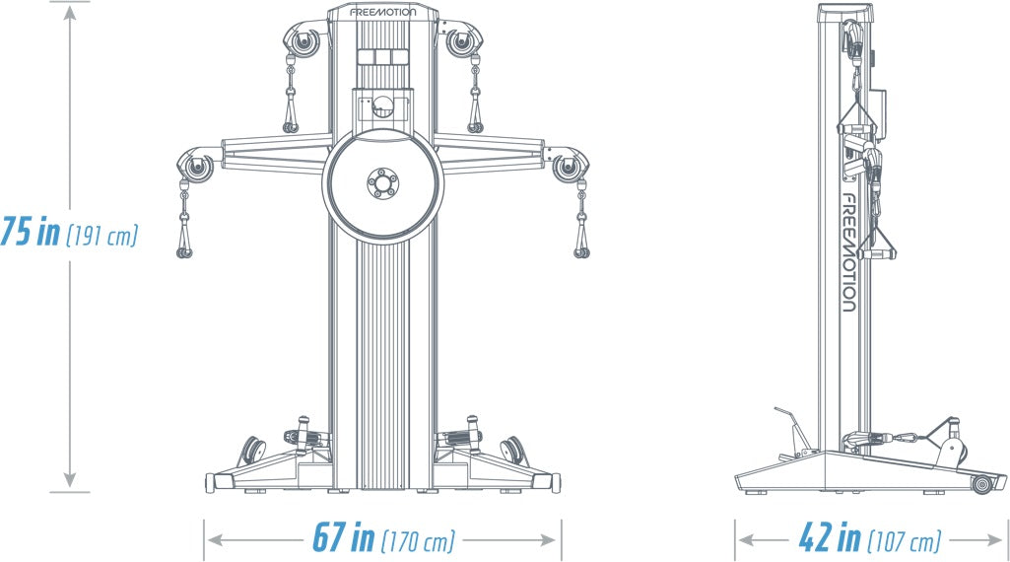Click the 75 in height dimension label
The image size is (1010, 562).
pos(31,234)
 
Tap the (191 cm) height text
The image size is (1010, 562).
pos(101,237)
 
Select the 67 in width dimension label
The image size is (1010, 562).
pos(343,538)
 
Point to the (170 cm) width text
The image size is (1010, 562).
pos(418,540)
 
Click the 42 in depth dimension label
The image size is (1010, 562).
pos(830,539)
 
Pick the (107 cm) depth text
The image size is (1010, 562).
pos(904,541)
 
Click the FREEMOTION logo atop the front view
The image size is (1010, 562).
pos(382,14)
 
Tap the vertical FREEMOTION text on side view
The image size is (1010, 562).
pos(847,251)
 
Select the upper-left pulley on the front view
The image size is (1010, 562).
pos(302,43)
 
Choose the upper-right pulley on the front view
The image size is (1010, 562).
pos(462,43)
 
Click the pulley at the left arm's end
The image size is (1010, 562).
pos(198,167)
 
